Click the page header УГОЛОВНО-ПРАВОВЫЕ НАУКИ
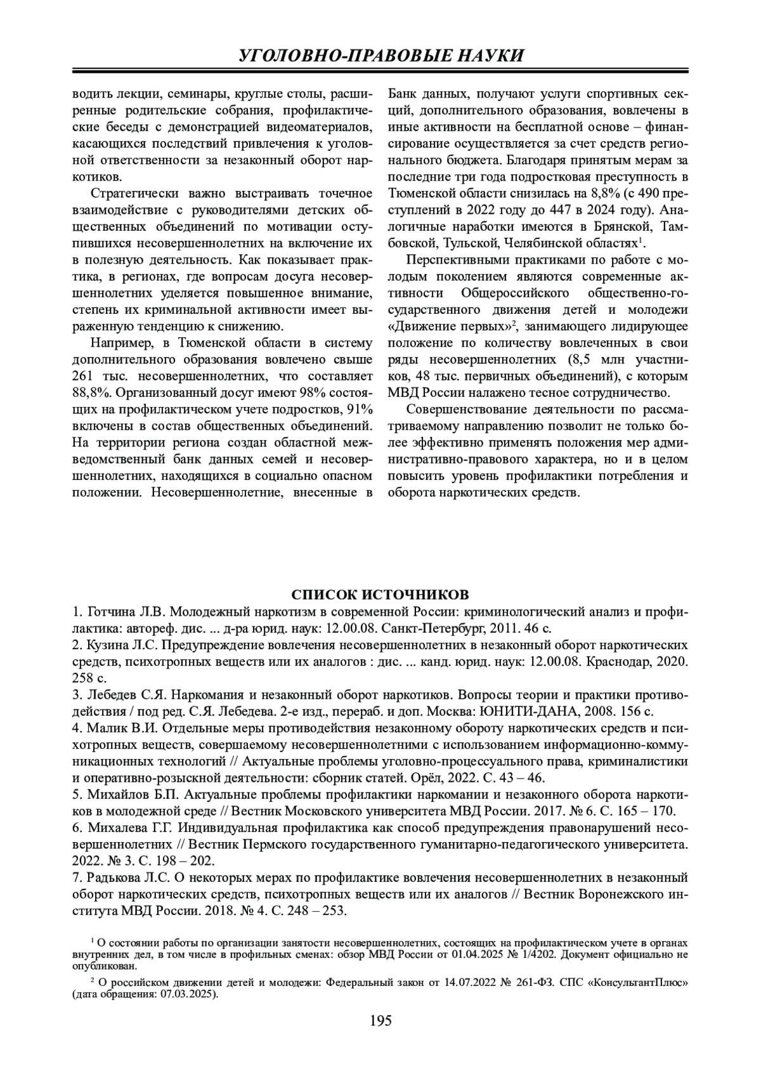click(380, 55)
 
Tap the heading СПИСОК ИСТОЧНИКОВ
click(380, 594)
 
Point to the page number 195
click(380, 1021)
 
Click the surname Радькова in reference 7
click(112, 878)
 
